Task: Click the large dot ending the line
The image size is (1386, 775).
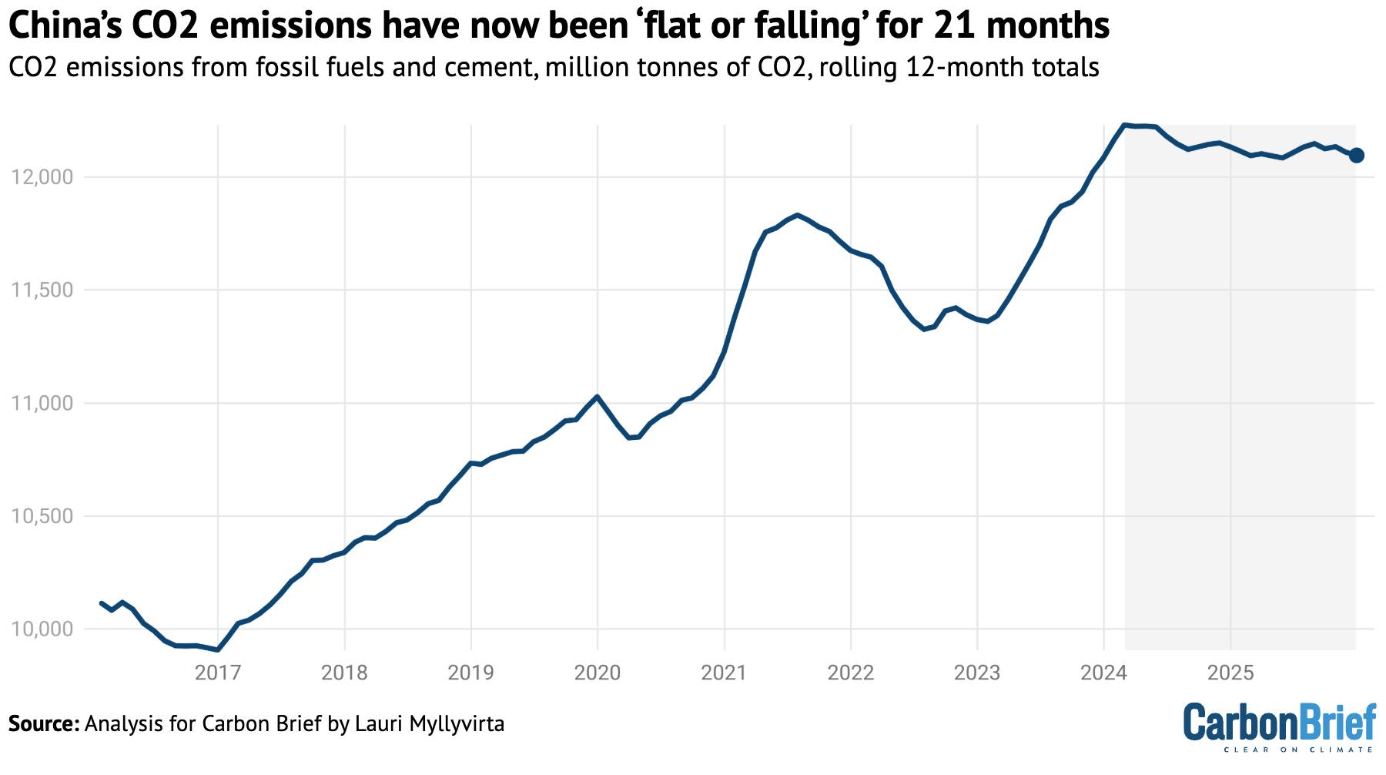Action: click(x=1357, y=156)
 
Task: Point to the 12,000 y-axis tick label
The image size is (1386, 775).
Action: click(x=42, y=177)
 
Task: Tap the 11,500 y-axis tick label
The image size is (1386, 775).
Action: click(x=42, y=290)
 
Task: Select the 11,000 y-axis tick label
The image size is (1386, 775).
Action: click(x=42, y=404)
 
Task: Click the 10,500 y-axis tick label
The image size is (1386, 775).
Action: click(x=42, y=516)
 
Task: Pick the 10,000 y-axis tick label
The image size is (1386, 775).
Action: click(x=42, y=629)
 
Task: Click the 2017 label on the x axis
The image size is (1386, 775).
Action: click(x=218, y=673)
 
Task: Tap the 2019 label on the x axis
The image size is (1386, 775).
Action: click(x=470, y=673)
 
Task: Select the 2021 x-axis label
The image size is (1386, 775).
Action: click(x=724, y=673)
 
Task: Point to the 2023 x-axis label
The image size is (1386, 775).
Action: click(x=977, y=673)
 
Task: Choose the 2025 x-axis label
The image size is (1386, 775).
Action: click(x=1230, y=673)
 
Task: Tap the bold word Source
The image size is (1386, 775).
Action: click(x=43, y=724)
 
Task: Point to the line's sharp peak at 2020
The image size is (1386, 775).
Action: click(x=598, y=396)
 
